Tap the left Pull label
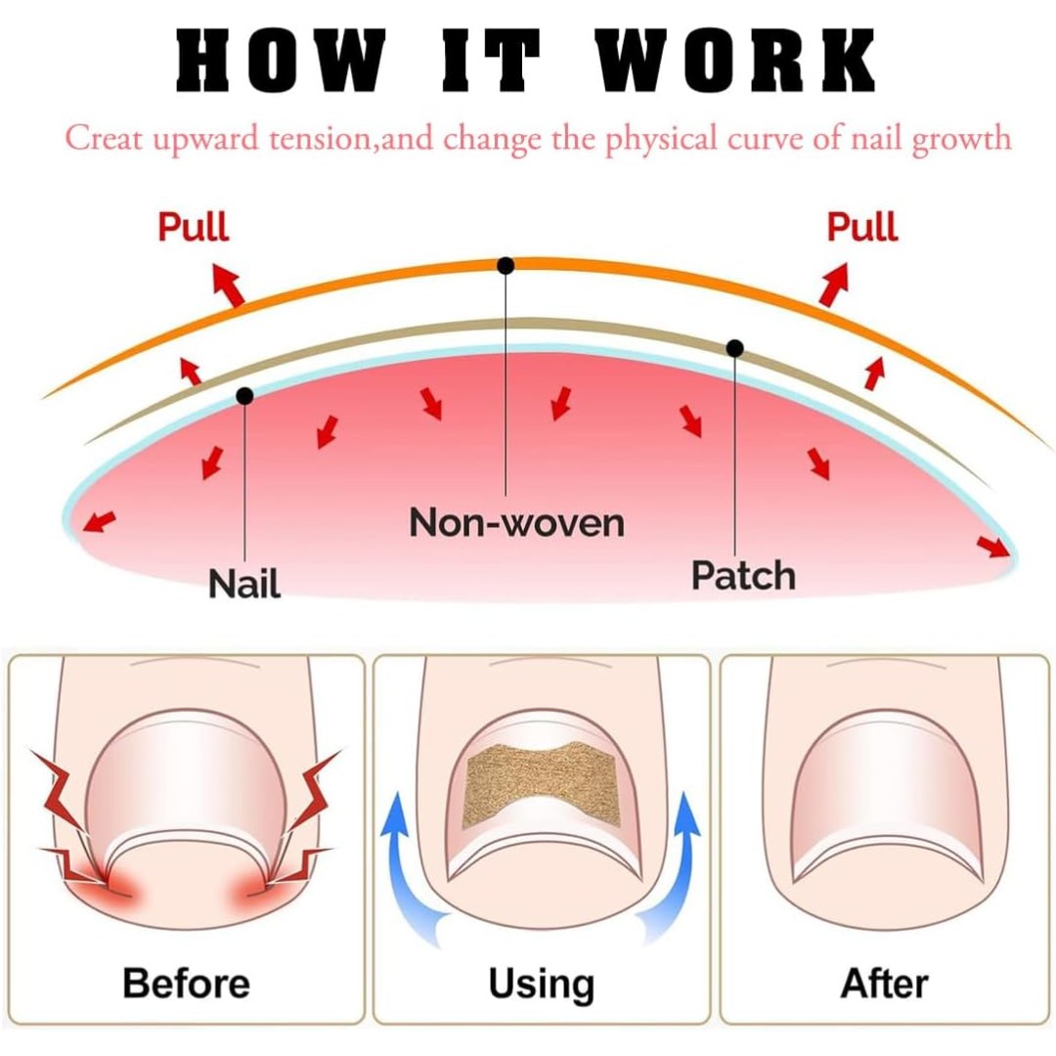coord(194,227)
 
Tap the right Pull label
coord(861,227)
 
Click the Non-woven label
coord(516,523)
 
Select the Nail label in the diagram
coord(244,584)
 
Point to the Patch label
coord(743,575)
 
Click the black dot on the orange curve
coord(506,265)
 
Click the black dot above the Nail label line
coord(244,395)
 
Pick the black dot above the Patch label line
coord(735,347)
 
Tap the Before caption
coord(186,982)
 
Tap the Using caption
coord(541,984)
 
